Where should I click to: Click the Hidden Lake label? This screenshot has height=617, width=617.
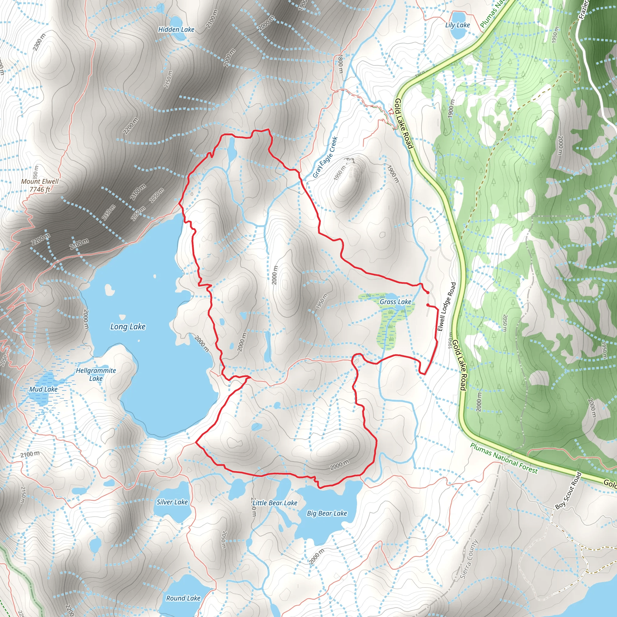[176, 30]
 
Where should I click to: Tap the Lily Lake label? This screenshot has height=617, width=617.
[457, 25]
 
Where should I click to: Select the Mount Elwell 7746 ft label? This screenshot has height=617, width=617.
[40, 185]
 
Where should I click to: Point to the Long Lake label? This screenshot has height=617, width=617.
[128, 326]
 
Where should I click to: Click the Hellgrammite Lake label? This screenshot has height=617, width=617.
[96, 374]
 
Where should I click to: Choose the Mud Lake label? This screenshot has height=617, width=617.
[43, 389]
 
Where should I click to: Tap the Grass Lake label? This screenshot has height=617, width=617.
[395, 302]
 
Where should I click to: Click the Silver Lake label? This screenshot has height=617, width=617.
[172, 502]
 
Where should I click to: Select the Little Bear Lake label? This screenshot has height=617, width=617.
[275, 503]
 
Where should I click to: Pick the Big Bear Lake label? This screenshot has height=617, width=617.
[327, 513]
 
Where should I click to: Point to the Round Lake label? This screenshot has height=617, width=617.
[183, 598]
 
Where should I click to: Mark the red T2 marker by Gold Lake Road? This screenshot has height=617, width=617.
[391, 111]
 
